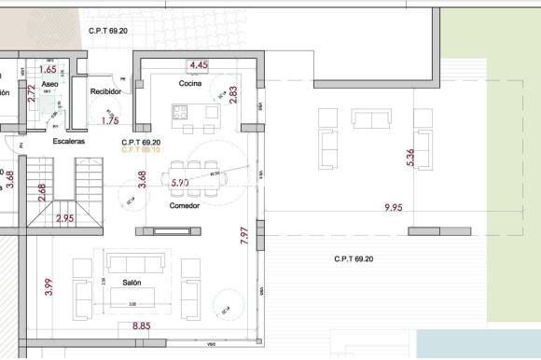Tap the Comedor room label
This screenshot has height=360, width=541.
coord(185,205)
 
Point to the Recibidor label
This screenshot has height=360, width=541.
coord(106,91)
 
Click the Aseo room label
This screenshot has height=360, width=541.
coord(50,84)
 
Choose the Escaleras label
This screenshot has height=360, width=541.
coord(68,141)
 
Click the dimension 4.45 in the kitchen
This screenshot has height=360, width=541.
coord(198,65)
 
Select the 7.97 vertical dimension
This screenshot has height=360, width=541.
coord(244,234)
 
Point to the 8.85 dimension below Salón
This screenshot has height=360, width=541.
coord(141,326)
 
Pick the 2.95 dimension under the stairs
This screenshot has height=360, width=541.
coord(65,219)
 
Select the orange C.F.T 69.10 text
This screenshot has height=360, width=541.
coord(141,149)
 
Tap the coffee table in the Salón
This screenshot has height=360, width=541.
coord(132,298)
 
